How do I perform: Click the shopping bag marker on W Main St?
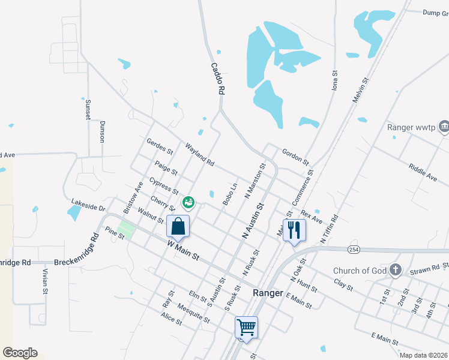pos(178,227)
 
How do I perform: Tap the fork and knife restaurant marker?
pos(294,230)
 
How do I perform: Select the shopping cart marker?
pos(246,328)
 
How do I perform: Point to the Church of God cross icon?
pos(395,270)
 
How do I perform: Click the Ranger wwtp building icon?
pos(444,127)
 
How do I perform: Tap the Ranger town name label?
pos(268,293)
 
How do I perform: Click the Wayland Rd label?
pos(199,154)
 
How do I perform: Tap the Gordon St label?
pos(295,157)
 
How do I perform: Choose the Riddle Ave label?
pos(423,172)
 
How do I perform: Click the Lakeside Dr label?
pos(88,204)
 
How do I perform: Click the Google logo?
pos(20,353)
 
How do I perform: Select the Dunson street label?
pos(102,130)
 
